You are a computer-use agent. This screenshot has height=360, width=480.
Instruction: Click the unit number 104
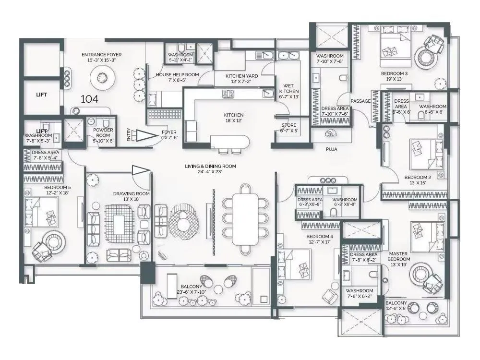[x=89, y=99]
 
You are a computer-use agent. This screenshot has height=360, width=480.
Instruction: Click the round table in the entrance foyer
[x=102, y=76]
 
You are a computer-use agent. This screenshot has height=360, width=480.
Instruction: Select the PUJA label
[x=331, y=149]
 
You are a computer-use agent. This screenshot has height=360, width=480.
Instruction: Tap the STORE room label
[x=288, y=128]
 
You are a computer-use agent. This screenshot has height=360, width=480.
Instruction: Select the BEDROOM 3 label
[x=394, y=73]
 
